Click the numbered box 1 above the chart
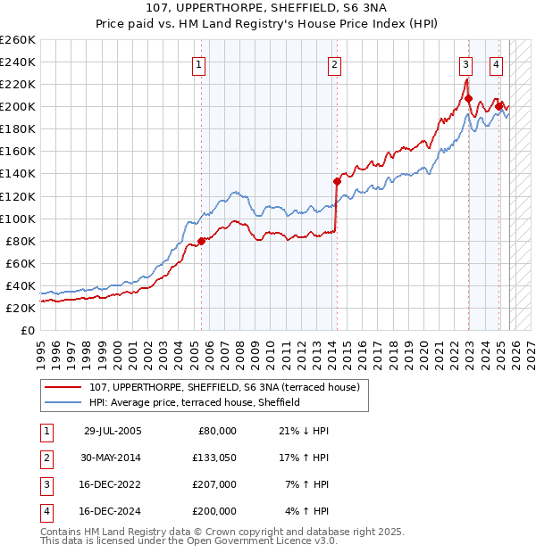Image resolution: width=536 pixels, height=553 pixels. click(198, 63)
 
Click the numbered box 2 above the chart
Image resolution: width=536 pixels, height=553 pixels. click(333, 63)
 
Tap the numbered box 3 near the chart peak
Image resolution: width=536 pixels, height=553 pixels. click(465, 63)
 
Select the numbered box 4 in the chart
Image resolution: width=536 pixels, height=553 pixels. click(495, 63)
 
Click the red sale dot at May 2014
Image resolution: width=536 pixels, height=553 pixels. click(337, 181)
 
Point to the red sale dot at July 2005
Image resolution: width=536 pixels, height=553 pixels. click(202, 240)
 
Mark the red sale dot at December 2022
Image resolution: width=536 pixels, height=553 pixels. click(468, 98)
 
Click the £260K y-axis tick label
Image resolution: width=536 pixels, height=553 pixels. click(17, 40)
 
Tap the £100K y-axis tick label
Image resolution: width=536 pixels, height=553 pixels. click(17, 219)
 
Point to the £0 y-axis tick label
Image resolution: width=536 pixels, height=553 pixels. click(27, 330)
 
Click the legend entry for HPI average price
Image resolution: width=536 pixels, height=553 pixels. click(194, 402)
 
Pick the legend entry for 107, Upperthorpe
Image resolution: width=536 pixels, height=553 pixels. click(223, 387)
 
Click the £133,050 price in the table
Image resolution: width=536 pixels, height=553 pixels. click(214, 458)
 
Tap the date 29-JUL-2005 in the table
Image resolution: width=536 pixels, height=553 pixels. click(113, 431)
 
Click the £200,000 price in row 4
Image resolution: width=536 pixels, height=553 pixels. click(214, 511)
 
